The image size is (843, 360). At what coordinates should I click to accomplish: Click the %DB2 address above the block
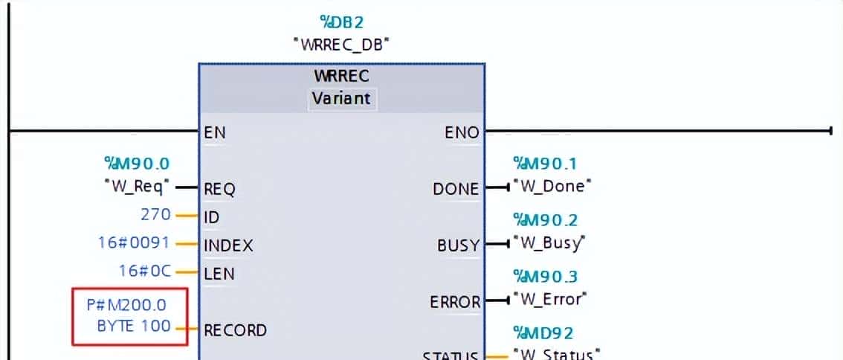tap(341, 24)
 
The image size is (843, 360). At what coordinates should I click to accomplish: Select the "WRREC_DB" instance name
tap(342, 45)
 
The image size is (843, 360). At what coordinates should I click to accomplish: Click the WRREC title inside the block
tap(341, 77)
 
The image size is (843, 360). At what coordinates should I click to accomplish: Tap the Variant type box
tap(341, 98)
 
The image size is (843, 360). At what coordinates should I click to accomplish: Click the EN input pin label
tap(215, 133)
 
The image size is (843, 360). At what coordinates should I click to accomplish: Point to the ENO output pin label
tap(462, 133)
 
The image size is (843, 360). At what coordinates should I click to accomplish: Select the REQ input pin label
tap(219, 190)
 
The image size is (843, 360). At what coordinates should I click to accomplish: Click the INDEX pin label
tap(228, 245)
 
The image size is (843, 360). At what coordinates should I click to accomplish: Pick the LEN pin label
tap(219, 274)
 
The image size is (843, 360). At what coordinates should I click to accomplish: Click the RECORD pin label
tap(235, 330)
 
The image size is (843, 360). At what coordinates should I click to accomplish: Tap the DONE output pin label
tap(455, 190)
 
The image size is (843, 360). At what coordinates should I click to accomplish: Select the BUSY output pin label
tap(457, 245)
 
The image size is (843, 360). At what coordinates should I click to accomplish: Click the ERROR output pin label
tap(454, 302)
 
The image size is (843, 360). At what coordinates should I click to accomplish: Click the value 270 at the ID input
tap(155, 216)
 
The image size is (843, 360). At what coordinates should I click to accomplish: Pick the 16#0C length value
tap(148, 271)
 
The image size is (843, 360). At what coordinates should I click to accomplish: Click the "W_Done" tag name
tap(551, 186)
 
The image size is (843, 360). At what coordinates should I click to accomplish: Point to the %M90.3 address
tap(546, 277)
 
